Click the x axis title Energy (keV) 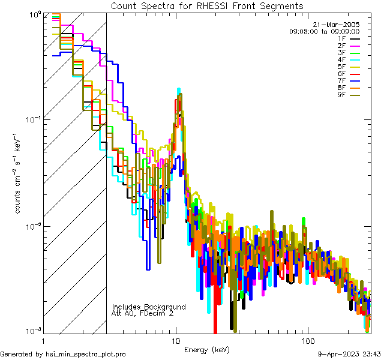[206, 350]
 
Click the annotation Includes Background [149, 307]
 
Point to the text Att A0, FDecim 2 [143, 313]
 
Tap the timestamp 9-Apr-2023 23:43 [349, 354]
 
